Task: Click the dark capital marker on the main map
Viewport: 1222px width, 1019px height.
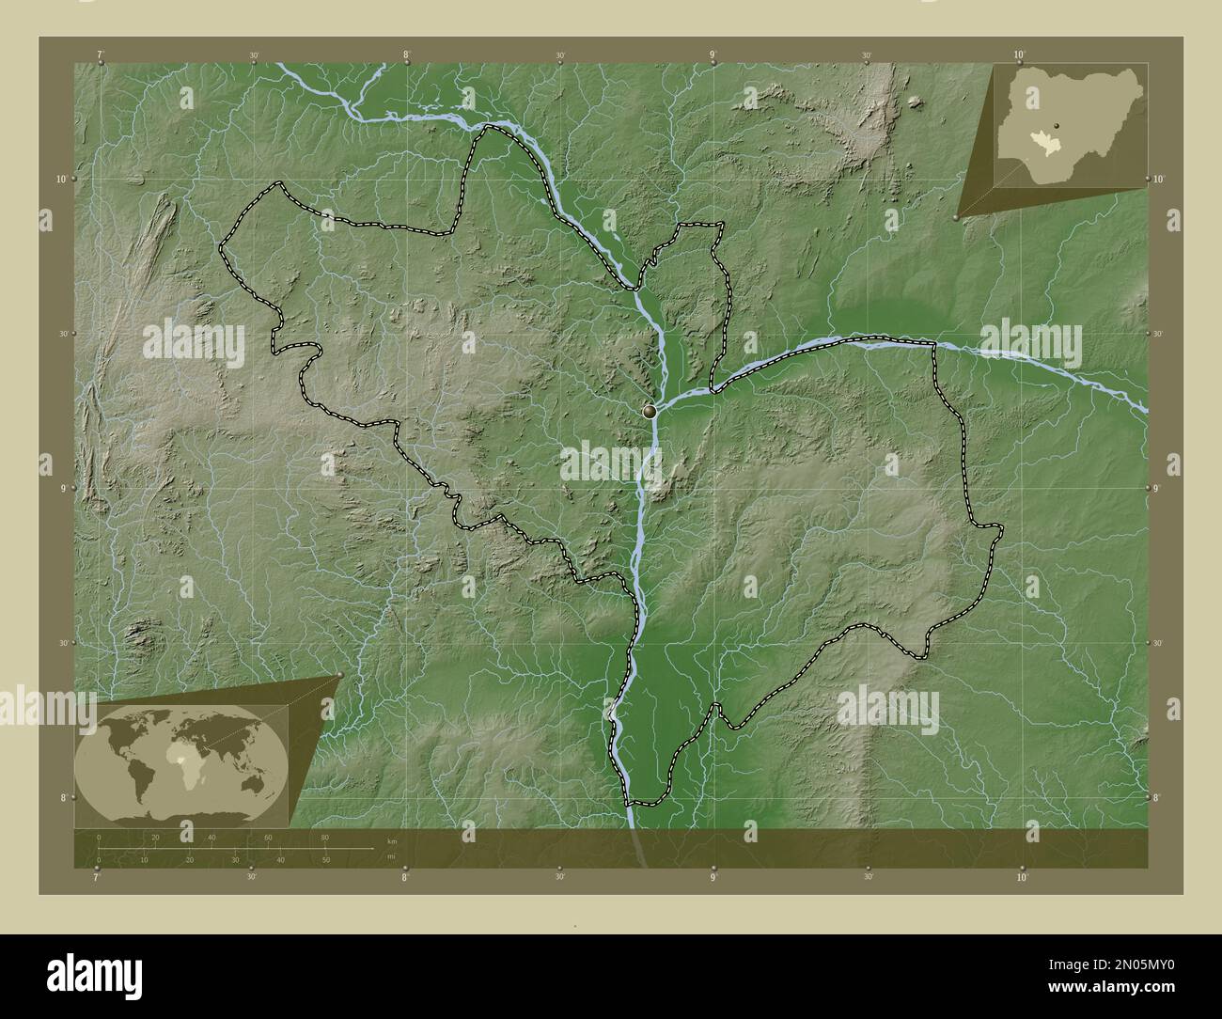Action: point(649,411)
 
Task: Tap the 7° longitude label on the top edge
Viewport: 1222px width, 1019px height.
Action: point(101,55)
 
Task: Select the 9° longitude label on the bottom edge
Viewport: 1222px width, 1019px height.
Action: point(713,877)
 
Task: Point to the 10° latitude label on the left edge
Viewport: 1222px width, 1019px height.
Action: point(58,179)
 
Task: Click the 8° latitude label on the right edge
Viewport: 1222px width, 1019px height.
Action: point(1156,797)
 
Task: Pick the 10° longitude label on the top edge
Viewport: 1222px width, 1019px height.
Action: point(1021,55)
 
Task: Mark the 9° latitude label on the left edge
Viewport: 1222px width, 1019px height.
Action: point(60,488)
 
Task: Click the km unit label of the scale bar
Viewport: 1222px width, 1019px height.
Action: point(391,839)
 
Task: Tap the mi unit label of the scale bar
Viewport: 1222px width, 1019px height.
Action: point(390,855)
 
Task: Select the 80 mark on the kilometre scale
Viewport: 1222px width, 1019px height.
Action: point(325,837)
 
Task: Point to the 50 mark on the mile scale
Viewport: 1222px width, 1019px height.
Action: point(325,860)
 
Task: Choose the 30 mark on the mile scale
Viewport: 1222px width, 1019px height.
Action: point(235,860)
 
